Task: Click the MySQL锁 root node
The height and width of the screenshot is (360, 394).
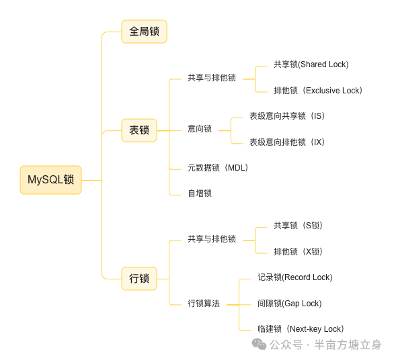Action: coord(50,180)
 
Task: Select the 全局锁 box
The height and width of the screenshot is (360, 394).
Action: coord(144,32)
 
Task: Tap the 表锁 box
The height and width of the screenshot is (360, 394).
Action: coord(139,130)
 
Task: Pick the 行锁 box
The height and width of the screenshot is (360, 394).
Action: coord(139,278)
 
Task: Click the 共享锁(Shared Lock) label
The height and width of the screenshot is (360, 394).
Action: coord(311,64)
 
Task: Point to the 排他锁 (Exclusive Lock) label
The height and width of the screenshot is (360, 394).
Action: coord(318,91)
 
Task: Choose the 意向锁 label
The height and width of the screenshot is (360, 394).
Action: coord(200,129)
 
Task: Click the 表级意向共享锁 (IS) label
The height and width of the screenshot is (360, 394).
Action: coord(287,116)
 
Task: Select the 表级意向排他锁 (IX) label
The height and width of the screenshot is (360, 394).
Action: coord(287,142)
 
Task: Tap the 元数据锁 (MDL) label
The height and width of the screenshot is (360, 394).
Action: coord(218,168)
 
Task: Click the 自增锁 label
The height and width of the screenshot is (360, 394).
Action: coord(200,193)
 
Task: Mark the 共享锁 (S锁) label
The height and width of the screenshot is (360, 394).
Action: coord(298,226)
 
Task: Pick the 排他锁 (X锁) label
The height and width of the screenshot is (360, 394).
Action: coord(298,252)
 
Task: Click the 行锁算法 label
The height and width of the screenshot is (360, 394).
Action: coord(204,304)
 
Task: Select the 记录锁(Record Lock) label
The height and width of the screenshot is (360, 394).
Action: coord(294,277)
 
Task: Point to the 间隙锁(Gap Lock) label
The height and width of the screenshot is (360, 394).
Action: coord(289,304)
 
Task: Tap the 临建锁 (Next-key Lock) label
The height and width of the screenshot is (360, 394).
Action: coord(301,329)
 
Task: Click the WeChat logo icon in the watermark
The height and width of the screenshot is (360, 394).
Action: coord(259,345)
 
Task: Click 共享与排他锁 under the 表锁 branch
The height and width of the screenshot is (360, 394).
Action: coord(212,78)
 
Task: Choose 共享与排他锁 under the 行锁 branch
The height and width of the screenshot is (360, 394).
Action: coord(212,239)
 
